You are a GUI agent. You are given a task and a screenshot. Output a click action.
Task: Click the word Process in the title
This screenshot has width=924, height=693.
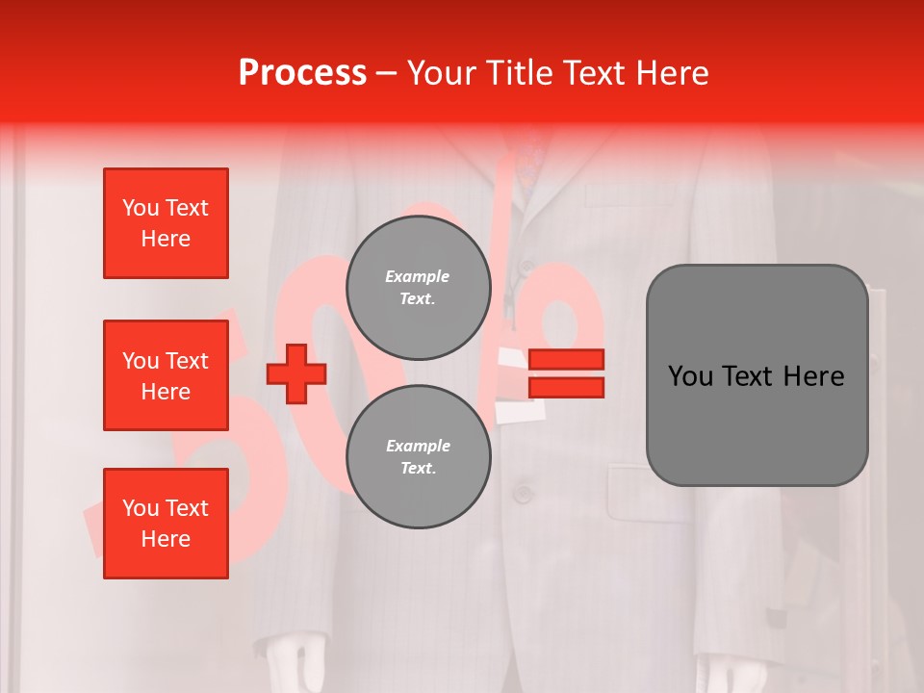302,73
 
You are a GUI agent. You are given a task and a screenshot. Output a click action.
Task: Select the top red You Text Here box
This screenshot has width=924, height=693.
166,223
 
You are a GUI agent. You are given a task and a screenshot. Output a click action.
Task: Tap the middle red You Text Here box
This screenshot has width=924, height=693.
166,375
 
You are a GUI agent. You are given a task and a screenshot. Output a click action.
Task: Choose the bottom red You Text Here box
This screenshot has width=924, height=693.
166,524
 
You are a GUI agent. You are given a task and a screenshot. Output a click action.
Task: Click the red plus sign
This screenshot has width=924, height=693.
295,374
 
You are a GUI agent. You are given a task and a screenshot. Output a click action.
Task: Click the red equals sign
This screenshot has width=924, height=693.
566,373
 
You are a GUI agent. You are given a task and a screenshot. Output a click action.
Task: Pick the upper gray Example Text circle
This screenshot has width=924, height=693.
418,287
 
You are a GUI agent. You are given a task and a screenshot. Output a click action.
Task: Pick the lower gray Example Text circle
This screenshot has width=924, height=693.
418,456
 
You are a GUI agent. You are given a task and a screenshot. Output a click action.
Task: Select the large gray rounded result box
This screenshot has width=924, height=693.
757,375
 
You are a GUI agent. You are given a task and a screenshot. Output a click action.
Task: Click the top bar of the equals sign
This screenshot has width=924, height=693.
566,360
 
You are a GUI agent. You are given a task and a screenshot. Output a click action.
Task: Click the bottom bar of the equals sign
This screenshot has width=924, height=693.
566,387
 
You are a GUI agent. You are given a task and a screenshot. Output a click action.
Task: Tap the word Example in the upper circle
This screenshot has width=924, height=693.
418,276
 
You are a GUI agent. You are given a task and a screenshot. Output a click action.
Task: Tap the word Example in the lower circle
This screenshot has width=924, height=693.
418,446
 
